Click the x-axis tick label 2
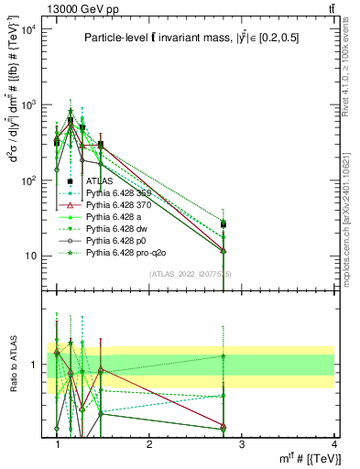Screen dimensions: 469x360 coord(148,444)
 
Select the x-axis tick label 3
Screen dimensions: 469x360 coord(241,444)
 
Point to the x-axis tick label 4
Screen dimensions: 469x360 coord(333,444)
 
